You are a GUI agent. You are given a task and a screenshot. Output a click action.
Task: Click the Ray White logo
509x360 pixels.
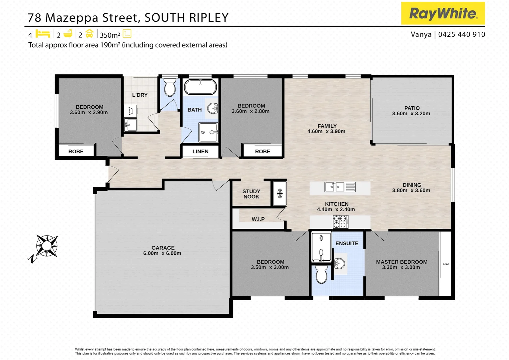click(443, 13)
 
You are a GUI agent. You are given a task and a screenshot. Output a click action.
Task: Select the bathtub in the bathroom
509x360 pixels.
click(200, 87)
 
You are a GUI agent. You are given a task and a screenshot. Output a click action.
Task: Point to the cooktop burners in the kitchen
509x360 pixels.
click(340, 222)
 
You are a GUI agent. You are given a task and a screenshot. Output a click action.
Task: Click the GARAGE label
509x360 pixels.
click(163, 248)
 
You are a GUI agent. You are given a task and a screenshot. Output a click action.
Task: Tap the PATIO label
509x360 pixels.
click(412, 108)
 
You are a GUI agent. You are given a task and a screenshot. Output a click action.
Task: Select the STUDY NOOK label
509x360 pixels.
click(251, 194)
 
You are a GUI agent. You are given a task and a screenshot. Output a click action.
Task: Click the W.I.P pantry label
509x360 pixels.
click(258, 219)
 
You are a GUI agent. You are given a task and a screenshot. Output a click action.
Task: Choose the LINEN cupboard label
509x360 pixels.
click(200, 151)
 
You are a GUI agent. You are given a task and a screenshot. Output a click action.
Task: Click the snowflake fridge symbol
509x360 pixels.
click(280, 193)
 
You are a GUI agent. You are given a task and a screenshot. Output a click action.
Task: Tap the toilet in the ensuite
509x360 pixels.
click(321, 274)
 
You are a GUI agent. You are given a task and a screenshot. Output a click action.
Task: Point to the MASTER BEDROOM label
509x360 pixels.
click(401, 262)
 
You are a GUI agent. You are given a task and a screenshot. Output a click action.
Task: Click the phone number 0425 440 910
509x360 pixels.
click(461, 34)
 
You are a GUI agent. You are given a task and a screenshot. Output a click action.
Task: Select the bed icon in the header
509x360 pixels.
click(42, 34)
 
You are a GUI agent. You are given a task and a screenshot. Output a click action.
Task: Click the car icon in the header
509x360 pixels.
click(89, 34)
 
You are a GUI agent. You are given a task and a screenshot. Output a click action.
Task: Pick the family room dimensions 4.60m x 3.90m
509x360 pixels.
click(326, 131)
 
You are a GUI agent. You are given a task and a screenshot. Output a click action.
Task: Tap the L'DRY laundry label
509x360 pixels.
click(140, 95)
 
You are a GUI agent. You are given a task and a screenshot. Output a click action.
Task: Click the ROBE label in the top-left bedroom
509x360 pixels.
click(76, 151)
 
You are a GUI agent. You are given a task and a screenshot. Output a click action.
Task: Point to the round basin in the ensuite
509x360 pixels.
click(340, 263)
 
